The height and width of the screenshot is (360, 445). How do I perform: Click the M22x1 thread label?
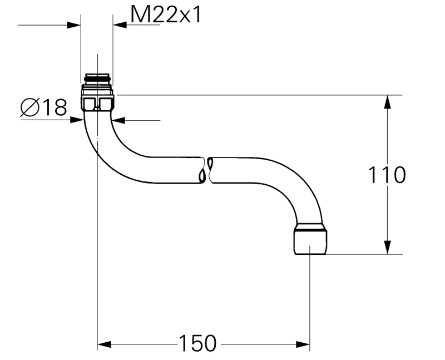point(166,15)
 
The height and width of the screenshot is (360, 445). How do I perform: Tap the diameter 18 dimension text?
point(44,107)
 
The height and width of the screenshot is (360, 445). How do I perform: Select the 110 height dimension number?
point(387,175)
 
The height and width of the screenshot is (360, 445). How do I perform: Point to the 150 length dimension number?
point(198,343)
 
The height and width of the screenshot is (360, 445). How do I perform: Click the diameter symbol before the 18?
point(29,107)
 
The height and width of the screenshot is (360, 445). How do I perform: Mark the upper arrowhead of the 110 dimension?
point(387,102)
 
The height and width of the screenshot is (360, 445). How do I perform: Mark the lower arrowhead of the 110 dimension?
point(387,247)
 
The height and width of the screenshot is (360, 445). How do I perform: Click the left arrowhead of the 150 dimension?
point(104,344)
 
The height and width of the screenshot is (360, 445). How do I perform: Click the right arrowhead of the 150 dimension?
point(303,344)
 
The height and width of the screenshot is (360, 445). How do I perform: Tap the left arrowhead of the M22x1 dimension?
point(74,25)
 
